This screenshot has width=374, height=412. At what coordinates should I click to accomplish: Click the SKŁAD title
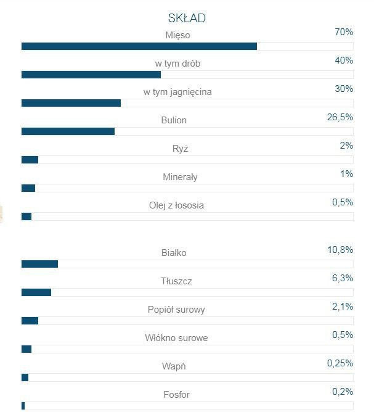pyautogui.click(x=187, y=18)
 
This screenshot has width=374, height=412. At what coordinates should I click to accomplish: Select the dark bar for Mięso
pyautogui.click(x=139, y=46)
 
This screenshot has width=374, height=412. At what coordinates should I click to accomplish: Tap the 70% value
pyautogui.click(x=344, y=31)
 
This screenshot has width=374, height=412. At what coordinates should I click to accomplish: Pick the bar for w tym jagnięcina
pyautogui.click(x=71, y=103)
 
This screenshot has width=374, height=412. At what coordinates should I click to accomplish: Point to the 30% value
pyautogui.click(x=344, y=89)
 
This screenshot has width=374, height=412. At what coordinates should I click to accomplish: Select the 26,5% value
pyautogui.click(x=340, y=117)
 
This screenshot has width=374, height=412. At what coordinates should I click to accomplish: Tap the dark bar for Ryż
pyautogui.click(x=30, y=160)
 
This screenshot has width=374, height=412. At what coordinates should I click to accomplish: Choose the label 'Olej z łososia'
pyautogui.click(x=176, y=205)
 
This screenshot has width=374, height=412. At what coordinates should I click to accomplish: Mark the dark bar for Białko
pyautogui.click(x=39, y=264)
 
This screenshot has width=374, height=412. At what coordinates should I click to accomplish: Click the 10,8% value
pyautogui.click(x=340, y=250)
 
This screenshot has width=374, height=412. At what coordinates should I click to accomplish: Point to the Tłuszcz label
pyautogui.click(x=176, y=281)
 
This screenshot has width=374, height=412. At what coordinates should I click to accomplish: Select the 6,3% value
pyautogui.click(x=342, y=278)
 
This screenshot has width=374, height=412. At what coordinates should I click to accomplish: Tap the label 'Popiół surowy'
pyautogui.click(x=176, y=310)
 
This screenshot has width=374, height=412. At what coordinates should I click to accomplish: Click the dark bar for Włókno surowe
pyautogui.click(x=26, y=349)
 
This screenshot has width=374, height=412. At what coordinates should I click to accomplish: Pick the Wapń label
pyautogui.click(x=175, y=366)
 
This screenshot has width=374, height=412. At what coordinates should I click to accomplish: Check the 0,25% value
pyautogui.click(x=340, y=363)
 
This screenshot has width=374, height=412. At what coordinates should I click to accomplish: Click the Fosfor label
pyautogui.click(x=176, y=395)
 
